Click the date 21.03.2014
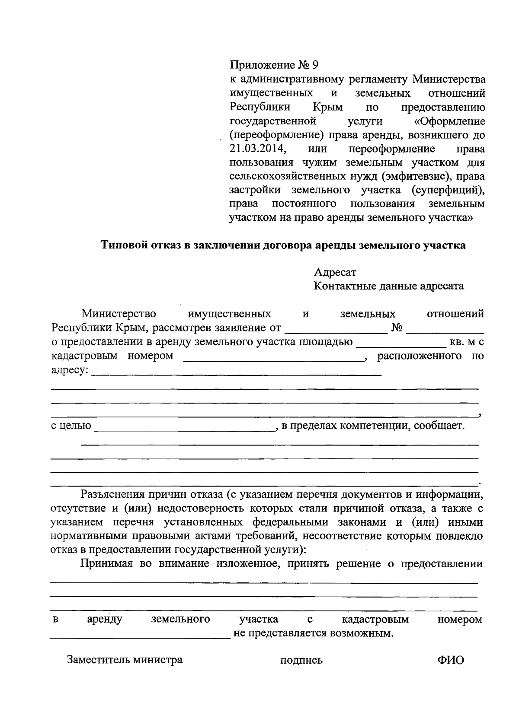[257, 149]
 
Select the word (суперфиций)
[448, 190]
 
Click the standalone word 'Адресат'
[335, 272]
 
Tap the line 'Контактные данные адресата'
[388, 286]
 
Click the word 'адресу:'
[70, 371]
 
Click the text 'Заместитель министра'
[125, 660]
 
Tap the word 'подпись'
[301, 661]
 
